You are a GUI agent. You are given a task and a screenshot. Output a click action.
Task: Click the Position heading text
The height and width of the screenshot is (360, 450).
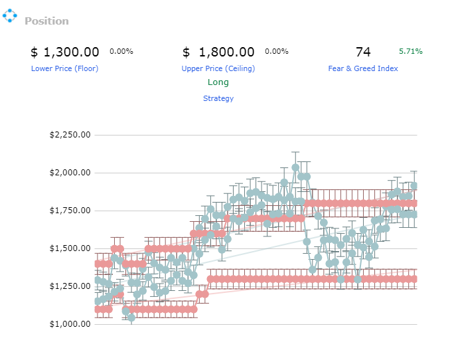(x=46, y=21)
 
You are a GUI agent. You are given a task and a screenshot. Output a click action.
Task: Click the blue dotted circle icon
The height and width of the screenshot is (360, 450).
(x=10, y=15)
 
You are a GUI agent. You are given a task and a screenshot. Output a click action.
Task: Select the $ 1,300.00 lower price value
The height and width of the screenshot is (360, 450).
(x=65, y=52)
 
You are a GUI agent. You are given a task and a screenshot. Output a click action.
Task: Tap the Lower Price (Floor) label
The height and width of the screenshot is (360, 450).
(x=64, y=68)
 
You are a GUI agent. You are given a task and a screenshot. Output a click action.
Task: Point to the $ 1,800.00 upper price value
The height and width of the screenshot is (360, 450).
(x=218, y=52)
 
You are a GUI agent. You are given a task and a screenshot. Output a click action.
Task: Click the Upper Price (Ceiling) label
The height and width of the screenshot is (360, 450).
(x=218, y=68)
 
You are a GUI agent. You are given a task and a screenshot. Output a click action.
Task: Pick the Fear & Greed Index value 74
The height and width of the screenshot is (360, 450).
(x=363, y=52)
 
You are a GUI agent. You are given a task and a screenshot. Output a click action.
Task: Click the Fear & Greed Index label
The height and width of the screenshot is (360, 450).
(x=363, y=68)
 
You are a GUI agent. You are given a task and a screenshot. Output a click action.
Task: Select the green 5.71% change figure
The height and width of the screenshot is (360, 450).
(x=411, y=51)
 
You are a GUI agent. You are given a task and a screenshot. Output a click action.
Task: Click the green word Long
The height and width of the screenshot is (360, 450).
(x=218, y=82)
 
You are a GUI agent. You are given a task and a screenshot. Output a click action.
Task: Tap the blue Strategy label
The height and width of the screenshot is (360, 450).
(x=218, y=98)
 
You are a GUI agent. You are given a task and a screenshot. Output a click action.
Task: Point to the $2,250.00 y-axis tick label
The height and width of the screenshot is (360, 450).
(x=70, y=135)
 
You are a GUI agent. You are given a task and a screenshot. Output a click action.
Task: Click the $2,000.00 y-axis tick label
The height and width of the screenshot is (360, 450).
(x=70, y=173)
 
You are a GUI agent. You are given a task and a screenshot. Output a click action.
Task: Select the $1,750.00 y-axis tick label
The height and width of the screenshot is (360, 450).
(x=70, y=211)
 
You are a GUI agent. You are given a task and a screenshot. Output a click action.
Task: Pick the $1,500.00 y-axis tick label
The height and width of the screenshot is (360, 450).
(x=70, y=248)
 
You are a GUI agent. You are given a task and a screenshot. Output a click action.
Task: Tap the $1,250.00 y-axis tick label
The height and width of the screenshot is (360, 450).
(x=70, y=286)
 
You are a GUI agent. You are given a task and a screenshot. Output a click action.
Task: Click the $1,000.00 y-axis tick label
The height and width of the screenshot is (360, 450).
(x=70, y=324)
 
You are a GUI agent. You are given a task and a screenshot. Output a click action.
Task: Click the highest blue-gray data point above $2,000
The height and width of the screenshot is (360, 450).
(x=295, y=167)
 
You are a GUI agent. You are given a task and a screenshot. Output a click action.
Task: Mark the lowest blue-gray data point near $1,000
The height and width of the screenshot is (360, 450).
(x=131, y=317)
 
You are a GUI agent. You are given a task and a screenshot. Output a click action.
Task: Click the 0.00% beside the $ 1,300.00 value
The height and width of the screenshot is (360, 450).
(x=121, y=51)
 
